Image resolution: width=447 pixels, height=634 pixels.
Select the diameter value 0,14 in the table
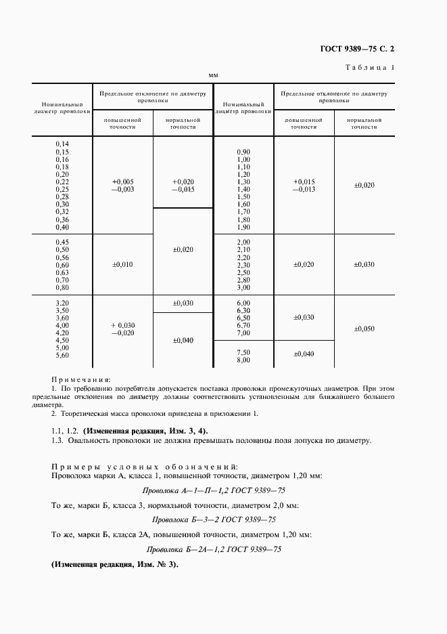pos(62,144)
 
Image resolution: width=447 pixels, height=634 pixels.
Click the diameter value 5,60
pos(62,355)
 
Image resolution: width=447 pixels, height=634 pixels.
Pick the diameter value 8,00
pos(243,360)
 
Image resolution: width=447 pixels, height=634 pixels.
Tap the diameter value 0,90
pos(243,151)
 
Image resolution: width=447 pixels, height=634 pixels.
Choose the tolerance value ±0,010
pos(122,264)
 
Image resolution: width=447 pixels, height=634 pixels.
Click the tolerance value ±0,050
pos(364,329)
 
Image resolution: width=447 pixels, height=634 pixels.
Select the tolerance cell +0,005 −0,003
pos(122,186)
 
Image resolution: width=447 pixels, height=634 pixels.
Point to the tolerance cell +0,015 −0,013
pos(304,186)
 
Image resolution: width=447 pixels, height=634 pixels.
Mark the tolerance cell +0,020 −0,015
pos(183,186)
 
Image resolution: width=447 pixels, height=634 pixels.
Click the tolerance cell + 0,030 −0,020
pos(122,329)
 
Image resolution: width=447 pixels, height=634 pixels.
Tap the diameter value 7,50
pos(243,352)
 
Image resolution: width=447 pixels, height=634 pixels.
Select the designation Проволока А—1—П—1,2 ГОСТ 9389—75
pos(214,490)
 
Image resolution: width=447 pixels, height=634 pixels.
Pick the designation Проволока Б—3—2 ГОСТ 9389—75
pos(214,520)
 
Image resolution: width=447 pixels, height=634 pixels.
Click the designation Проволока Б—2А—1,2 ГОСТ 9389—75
pos(214,549)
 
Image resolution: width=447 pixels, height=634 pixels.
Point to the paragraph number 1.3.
pos(57,440)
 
